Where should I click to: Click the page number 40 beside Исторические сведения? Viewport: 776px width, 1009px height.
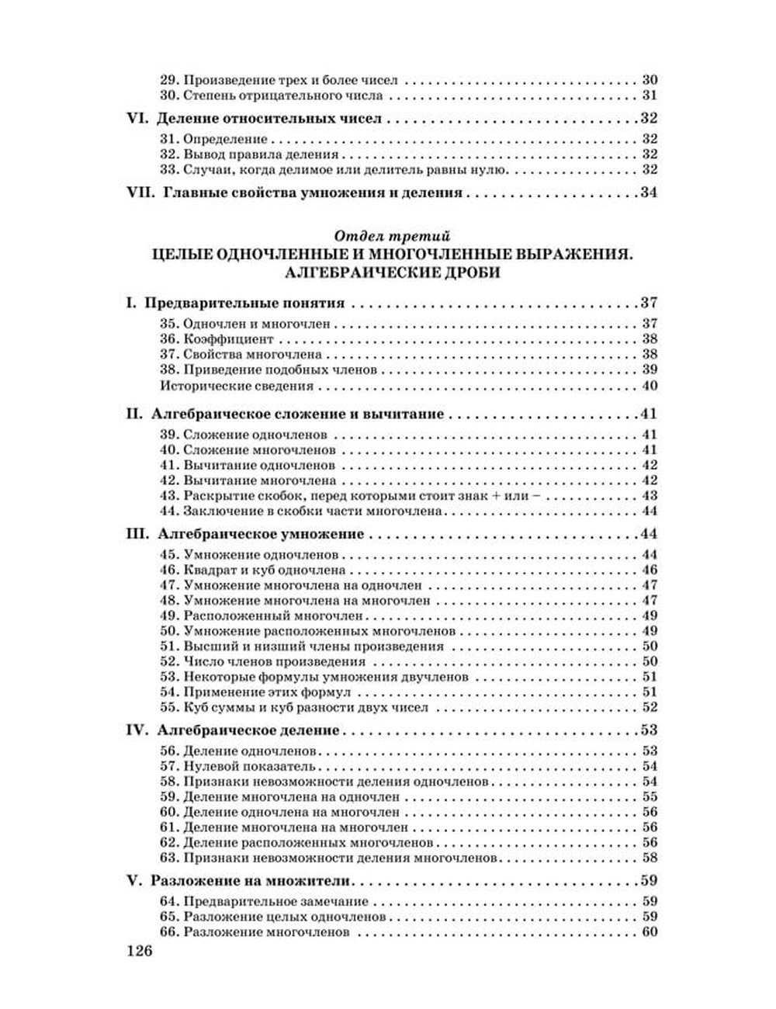click(650, 386)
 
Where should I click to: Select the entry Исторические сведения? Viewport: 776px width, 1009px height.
click(237, 386)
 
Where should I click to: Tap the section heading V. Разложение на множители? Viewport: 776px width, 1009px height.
click(240, 881)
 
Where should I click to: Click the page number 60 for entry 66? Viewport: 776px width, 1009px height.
click(650, 932)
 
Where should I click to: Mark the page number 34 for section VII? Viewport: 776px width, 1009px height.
click(648, 192)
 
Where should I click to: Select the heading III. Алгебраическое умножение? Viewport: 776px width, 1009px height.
click(245, 534)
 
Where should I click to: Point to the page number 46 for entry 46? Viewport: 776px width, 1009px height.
click(650, 570)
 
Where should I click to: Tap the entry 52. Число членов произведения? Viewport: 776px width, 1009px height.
click(262, 661)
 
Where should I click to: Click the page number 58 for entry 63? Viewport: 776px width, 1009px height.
click(650, 858)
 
